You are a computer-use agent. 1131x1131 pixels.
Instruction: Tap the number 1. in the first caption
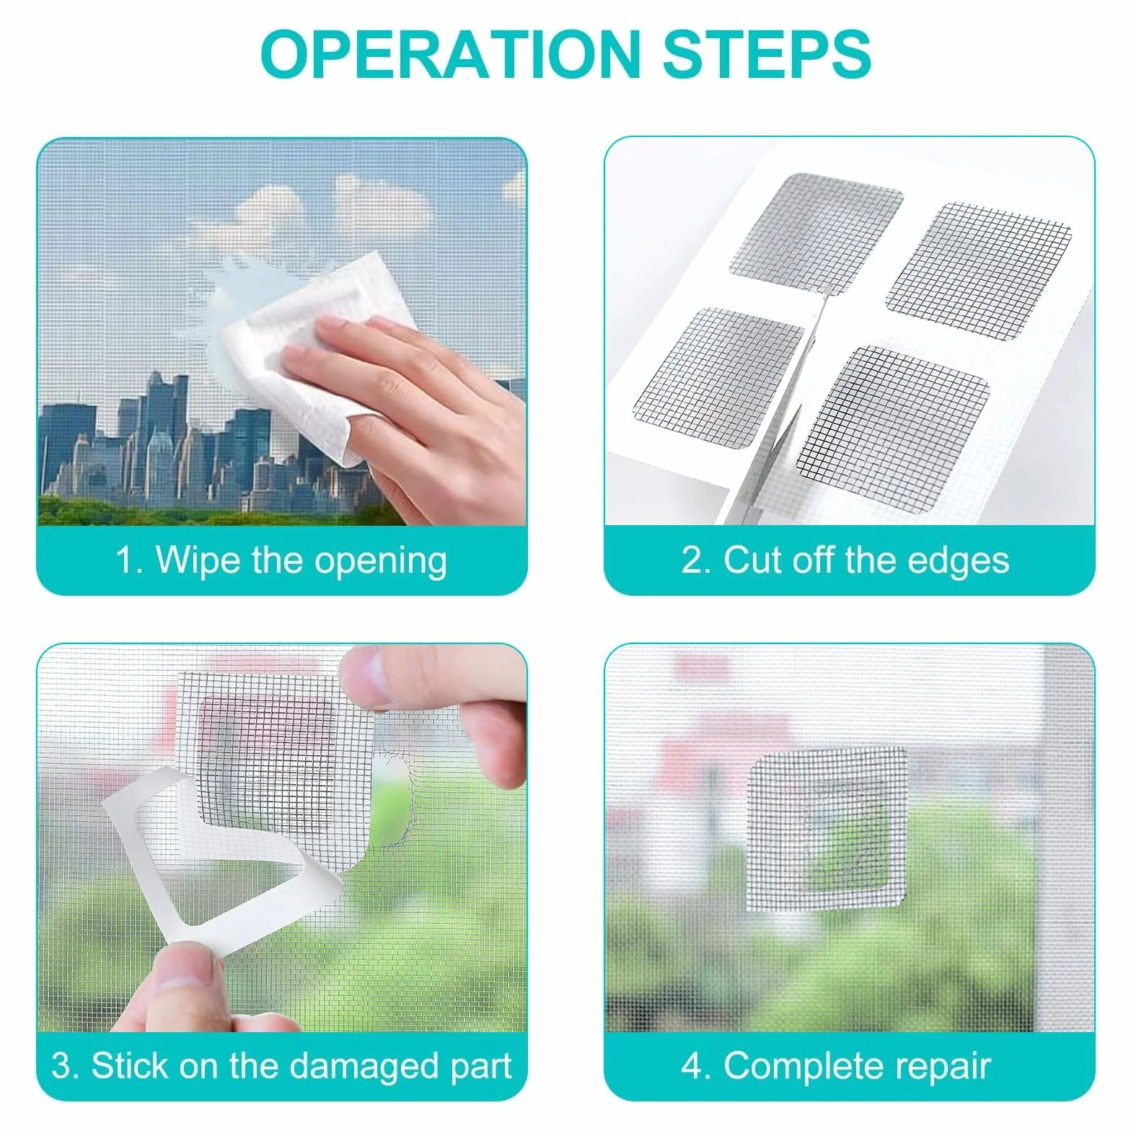point(130,560)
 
